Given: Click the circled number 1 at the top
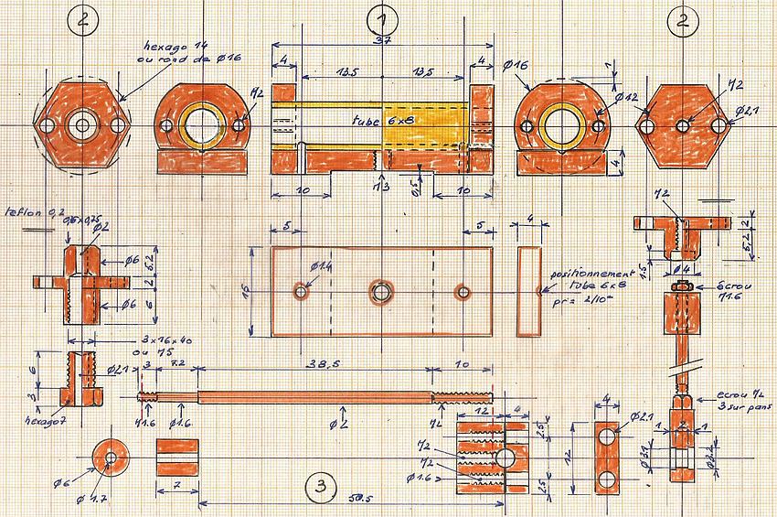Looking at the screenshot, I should tap(381, 20).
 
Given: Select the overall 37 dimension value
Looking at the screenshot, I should tap(383, 43).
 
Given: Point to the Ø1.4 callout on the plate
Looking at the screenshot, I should tap(321, 266).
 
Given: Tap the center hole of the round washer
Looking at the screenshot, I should tap(111, 456).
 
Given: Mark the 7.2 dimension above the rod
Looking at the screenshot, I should tap(178, 363).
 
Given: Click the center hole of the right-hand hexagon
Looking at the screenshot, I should tap(682, 125).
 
